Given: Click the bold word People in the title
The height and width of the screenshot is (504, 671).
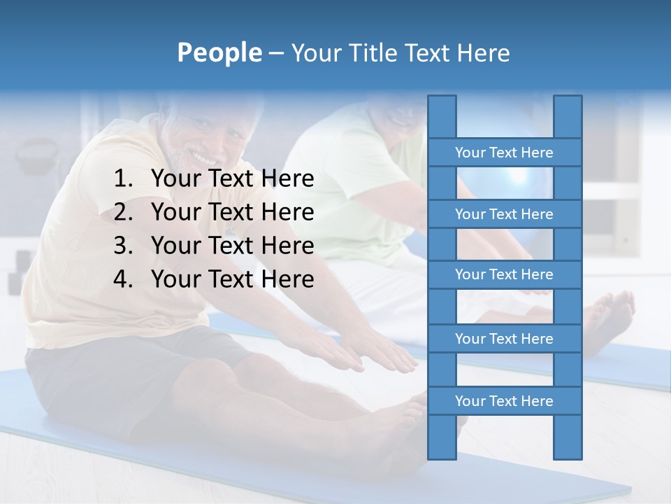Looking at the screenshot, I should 219,52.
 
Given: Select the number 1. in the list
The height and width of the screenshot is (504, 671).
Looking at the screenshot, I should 123,179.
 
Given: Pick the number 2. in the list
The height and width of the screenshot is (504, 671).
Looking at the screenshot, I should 123,212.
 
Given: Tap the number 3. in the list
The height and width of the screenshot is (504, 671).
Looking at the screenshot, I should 123,246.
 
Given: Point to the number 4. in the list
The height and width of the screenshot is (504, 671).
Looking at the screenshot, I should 123,279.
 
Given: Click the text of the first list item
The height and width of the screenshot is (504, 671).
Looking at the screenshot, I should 232,179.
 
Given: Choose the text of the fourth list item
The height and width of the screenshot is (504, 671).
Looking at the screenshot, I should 232,279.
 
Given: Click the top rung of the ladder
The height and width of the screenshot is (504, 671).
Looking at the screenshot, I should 504,153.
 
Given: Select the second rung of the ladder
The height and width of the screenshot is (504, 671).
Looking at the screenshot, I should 504,214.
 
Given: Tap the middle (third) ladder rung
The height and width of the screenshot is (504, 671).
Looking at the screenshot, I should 504,274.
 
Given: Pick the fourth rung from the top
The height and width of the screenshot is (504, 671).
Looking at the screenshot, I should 504,339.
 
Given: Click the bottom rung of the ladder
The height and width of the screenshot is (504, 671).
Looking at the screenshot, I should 504,401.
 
